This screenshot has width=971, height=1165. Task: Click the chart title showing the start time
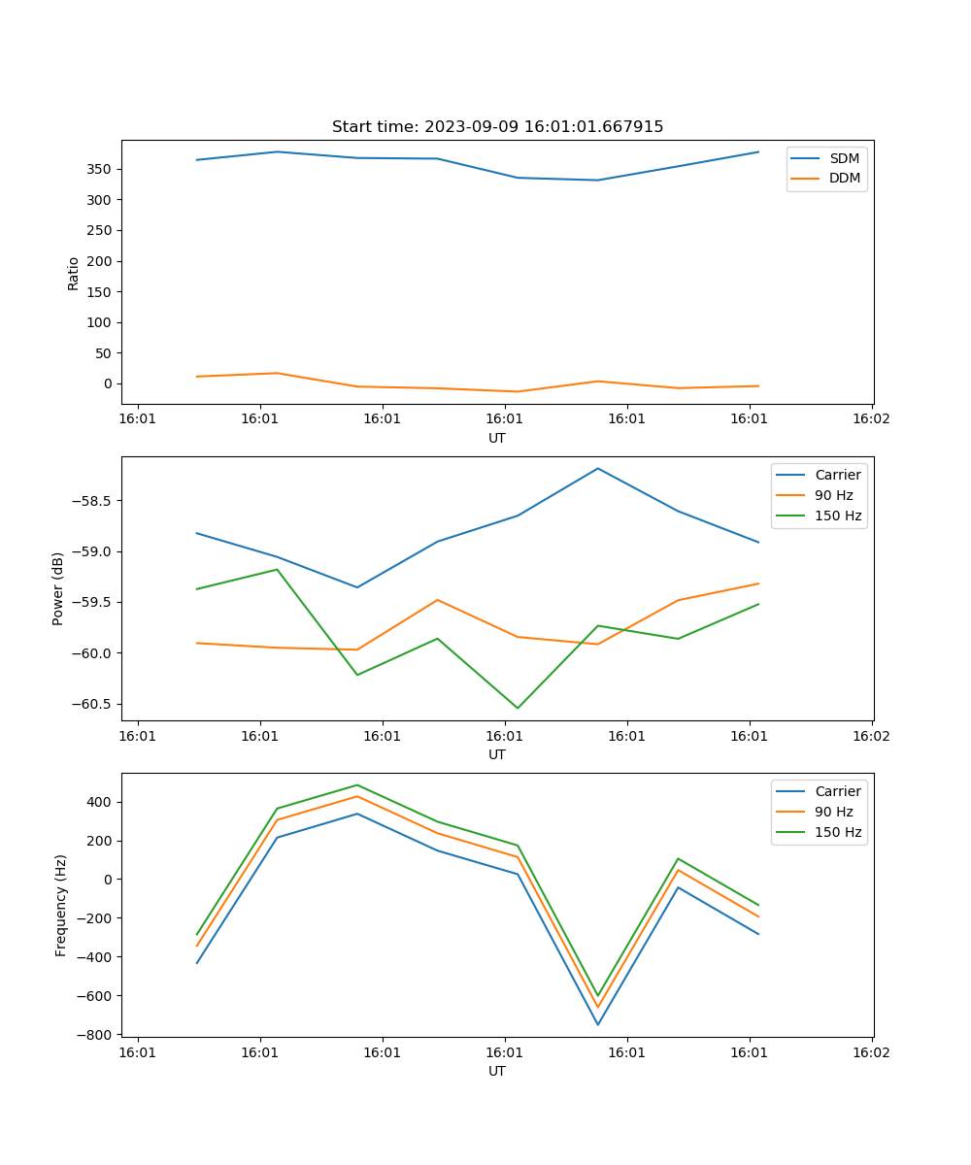tap(497, 127)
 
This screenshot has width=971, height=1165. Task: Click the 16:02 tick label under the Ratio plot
tap(871, 420)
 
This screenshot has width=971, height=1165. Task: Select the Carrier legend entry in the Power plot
tap(837, 475)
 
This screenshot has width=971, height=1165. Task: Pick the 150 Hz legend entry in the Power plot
tap(837, 516)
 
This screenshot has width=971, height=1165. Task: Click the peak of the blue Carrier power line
tap(597, 468)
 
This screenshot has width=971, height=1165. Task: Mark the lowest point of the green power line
tap(517, 708)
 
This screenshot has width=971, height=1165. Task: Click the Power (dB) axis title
tap(58, 588)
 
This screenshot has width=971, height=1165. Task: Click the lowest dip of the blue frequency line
tap(597, 1024)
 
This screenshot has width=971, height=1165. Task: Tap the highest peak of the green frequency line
tap(356, 784)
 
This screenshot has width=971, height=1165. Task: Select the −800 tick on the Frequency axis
tap(94, 1034)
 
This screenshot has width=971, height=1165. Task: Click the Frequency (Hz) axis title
tap(61, 905)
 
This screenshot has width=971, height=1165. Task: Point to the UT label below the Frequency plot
tap(497, 1071)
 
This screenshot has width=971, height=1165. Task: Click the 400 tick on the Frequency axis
tap(99, 802)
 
